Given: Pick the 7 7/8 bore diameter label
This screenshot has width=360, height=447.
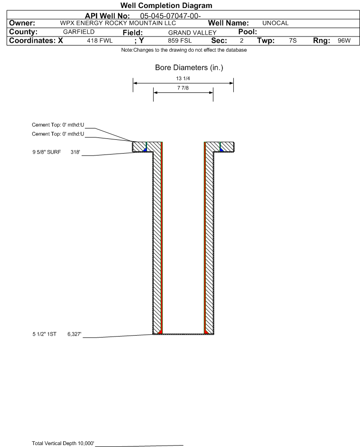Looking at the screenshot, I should [183, 89].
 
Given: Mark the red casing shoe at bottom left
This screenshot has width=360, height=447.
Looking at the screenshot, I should [160, 332].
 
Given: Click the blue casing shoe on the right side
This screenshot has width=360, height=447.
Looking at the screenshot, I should [222, 149].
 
